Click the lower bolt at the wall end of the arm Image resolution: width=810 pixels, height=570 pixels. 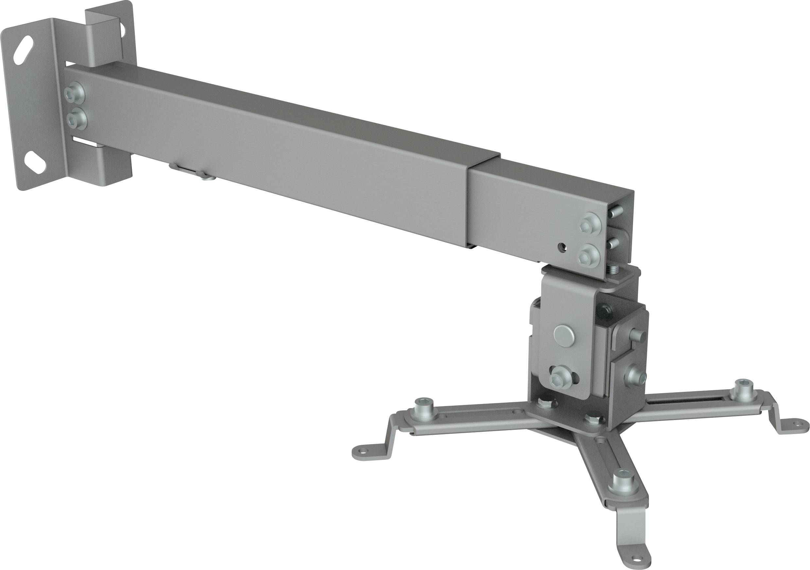point(77,118)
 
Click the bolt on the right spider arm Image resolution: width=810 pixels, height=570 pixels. point(743,389)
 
